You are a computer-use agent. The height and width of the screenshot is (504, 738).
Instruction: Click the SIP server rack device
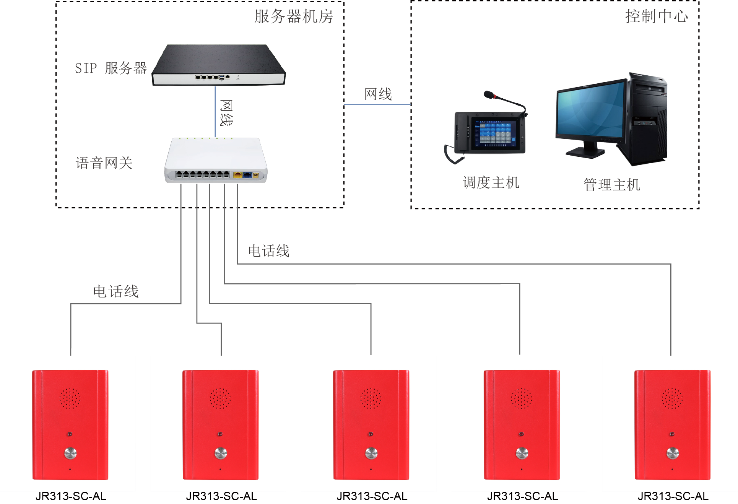coord(219,65)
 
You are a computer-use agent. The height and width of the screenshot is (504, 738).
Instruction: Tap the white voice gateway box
coord(216,159)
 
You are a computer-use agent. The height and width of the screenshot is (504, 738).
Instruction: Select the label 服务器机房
coord(294,16)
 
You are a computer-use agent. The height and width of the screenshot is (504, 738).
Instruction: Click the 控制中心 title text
coord(656,16)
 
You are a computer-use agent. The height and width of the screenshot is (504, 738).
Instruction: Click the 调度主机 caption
coord(491,183)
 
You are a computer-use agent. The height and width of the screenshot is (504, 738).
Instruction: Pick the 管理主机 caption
coord(612,185)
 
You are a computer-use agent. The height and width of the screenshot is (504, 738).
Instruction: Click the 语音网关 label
coord(104,163)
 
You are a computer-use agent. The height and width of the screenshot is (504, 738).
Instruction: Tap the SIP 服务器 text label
coord(111,68)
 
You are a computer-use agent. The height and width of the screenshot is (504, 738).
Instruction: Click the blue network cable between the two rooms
coord(377,104)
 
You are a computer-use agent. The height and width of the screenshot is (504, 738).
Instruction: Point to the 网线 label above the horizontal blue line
coord(378,94)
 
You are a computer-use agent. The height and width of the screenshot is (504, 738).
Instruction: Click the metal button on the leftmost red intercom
coord(70,453)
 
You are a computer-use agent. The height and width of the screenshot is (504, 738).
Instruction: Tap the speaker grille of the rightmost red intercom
coord(672,398)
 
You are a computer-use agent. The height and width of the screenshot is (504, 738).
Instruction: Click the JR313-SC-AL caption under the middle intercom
coord(372,496)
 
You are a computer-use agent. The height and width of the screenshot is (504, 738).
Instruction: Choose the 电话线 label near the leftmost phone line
coord(116,292)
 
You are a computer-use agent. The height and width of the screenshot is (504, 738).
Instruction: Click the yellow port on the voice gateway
coord(237,175)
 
